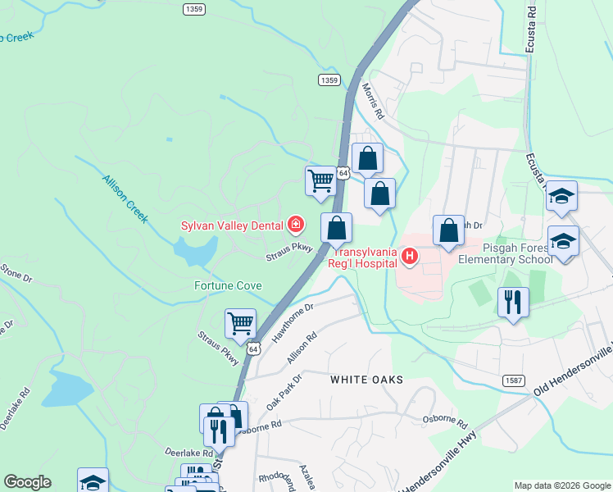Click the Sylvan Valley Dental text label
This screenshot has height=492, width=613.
(233, 225)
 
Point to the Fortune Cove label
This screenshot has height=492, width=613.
(228, 285)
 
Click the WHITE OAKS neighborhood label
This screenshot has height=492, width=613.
(361, 380)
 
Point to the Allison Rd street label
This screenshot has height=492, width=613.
(302, 348)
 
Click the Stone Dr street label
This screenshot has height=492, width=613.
(15, 272)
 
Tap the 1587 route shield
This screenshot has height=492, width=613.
(512, 379)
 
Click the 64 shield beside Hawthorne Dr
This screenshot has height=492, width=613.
(254, 348)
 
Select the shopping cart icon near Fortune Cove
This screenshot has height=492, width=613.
(240, 322)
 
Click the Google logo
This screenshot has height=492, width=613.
(27, 482)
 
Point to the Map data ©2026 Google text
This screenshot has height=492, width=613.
(562, 485)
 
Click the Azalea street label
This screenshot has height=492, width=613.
(307, 476)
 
